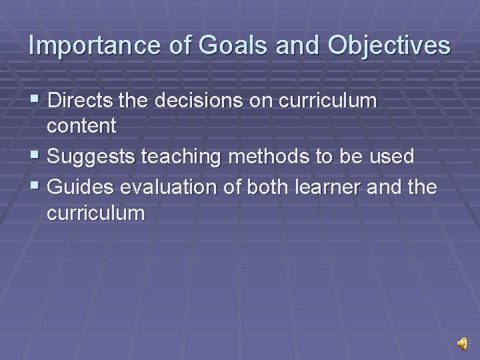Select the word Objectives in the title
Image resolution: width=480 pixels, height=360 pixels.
tap(389, 45)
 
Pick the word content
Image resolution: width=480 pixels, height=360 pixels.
tap(81, 125)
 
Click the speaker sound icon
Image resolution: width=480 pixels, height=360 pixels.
tap(462, 343)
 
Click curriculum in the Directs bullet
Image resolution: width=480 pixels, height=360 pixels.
tap(327, 101)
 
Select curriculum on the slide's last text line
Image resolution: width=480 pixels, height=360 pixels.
tap(95, 213)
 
